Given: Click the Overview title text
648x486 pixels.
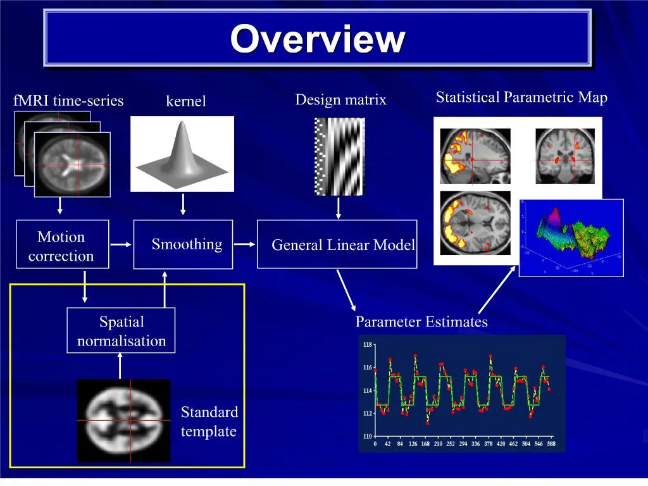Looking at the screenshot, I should click(x=317, y=39).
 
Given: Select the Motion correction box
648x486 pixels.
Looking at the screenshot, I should click(x=62, y=245).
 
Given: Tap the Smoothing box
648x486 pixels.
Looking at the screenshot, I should click(x=183, y=244).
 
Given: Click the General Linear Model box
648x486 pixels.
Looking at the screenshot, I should click(x=337, y=245).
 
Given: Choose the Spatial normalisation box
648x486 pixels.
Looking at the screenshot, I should click(x=121, y=331).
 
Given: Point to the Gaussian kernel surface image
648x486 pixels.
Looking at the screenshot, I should click(x=182, y=154).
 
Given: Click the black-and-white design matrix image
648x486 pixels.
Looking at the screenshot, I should click(x=339, y=156).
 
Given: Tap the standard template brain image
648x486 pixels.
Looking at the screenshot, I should click(x=124, y=420).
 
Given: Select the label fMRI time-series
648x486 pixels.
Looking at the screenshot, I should click(x=68, y=101).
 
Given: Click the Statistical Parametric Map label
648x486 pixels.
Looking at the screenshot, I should click(x=521, y=97).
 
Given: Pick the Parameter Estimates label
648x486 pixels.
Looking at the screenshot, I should click(x=421, y=322).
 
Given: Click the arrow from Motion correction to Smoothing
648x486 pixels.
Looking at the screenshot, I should click(x=121, y=244).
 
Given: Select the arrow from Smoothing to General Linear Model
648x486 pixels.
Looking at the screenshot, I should click(x=245, y=244).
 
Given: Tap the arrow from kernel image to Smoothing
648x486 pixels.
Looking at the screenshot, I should click(x=183, y=204).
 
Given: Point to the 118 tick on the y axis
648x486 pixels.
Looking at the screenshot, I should click(x=368, y=345).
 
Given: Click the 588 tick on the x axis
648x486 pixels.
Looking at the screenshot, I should click(x=551, y=444).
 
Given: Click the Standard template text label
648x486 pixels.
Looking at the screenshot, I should click(x=209, y=422).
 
